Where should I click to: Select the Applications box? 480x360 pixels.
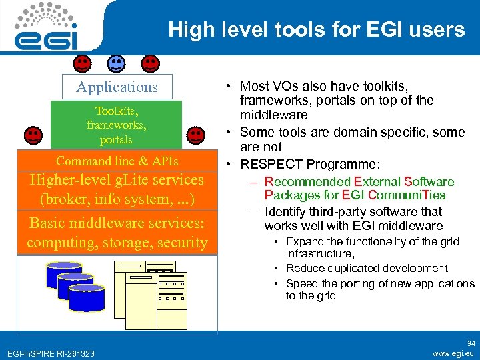(117, 87)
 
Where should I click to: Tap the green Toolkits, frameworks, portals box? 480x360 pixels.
(116, 125)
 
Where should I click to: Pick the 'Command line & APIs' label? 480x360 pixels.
(117, 161)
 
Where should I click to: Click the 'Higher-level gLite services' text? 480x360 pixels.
(117, 180)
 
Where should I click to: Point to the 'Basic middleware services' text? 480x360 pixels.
(117, 223)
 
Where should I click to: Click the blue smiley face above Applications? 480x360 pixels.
(116, 64)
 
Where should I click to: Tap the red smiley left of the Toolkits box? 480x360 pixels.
(33, 135)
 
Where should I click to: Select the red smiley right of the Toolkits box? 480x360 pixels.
(195, 135)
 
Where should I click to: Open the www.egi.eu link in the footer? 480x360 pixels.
(453, 353)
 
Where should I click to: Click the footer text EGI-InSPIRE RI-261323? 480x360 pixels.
(51, 353)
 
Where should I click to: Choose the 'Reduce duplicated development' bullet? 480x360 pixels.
(367, 268)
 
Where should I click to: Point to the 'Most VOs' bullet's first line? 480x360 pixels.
(323, 86)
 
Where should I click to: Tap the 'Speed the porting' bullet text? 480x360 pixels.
(380, 283)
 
